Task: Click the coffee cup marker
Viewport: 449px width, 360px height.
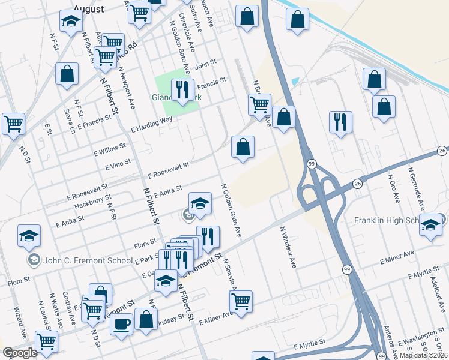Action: (x=121, y=325)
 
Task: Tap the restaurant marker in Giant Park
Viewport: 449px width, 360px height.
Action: (x=182, y=91)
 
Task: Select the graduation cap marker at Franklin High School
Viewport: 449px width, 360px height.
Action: (x=430, y=225)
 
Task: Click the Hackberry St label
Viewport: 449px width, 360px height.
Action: (x=93, y=202)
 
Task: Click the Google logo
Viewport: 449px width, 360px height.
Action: (x=20, y=352)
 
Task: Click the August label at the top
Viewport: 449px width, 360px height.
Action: (x=88, y=9)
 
